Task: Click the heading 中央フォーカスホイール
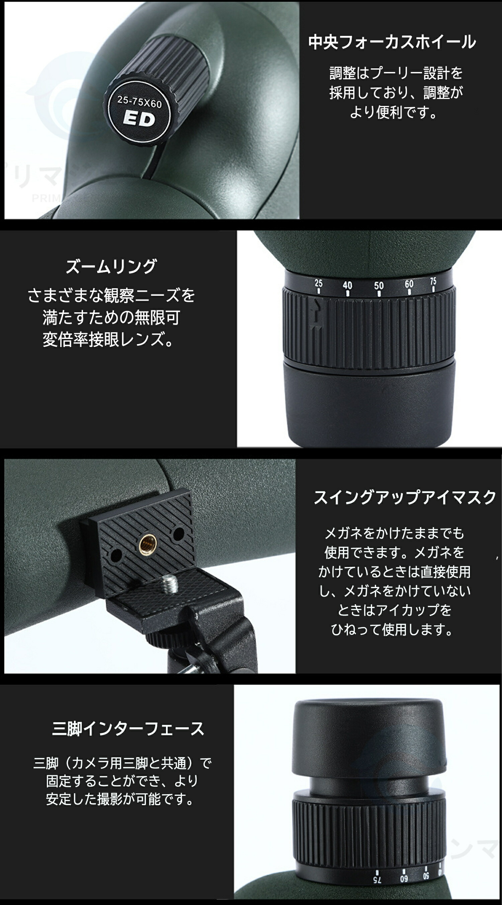tap(392, 42)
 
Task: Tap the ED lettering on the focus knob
tap(139, 119)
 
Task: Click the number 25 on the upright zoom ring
tap(318, 283)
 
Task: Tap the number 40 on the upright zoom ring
tap(347, 285)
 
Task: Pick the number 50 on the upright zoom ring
tap(379, 285)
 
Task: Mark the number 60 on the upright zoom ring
tap(409, 283)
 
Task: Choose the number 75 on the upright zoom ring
tap(433, 281)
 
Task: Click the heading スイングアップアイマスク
tap(405, 497)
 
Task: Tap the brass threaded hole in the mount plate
tap(146, 544)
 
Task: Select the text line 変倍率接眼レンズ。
tap(108, 339)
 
